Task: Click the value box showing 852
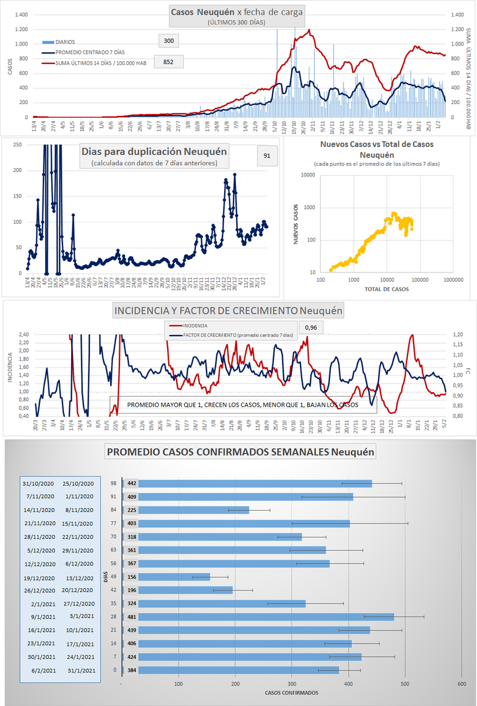coord(168,62)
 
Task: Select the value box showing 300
coord(168,41)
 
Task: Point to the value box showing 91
coord(267,156)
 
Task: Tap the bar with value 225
coord(186,510)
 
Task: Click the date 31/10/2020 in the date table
coord(39,484)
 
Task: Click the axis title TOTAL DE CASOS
coord(386,289)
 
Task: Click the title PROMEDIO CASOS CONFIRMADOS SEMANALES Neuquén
coord(241,452)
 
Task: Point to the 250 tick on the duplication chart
coord(17,145)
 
